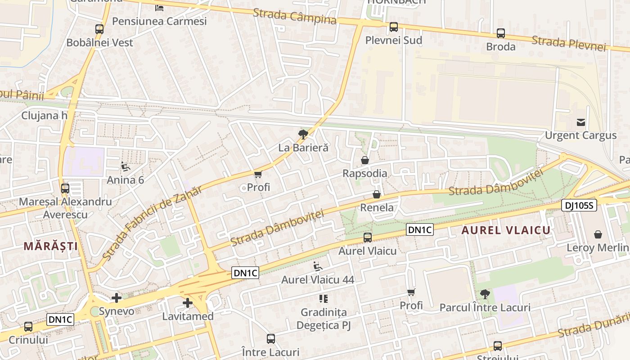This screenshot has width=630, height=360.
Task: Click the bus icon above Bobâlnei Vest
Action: [99, 29]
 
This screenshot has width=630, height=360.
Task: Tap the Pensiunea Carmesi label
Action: [159, 21]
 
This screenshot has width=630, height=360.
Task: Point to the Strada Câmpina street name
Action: [295, 17]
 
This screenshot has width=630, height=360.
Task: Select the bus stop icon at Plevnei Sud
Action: [394, 27]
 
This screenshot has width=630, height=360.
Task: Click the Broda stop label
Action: [501, 46]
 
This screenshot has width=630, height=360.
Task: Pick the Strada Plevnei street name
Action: [569, 44]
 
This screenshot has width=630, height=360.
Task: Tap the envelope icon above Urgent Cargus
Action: [581, 122]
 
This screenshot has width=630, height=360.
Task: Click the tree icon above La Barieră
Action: [303, 134]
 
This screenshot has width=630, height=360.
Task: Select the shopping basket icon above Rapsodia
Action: [365, 160]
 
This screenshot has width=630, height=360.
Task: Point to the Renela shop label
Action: [377, 207]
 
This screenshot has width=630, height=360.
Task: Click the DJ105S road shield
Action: [579, 206]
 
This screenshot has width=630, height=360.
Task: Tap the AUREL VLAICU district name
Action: [506, 230]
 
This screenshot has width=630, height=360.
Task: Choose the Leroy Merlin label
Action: [598, 247]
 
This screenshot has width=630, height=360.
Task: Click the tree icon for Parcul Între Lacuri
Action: [485, 294]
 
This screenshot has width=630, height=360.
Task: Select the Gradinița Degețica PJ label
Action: [323, 319]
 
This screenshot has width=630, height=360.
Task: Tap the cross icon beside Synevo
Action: [117, 298]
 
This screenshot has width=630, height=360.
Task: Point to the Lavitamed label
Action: [188, 316]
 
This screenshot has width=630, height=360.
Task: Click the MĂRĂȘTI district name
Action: [51, 246]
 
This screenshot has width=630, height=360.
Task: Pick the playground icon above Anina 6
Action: [126, 166]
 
